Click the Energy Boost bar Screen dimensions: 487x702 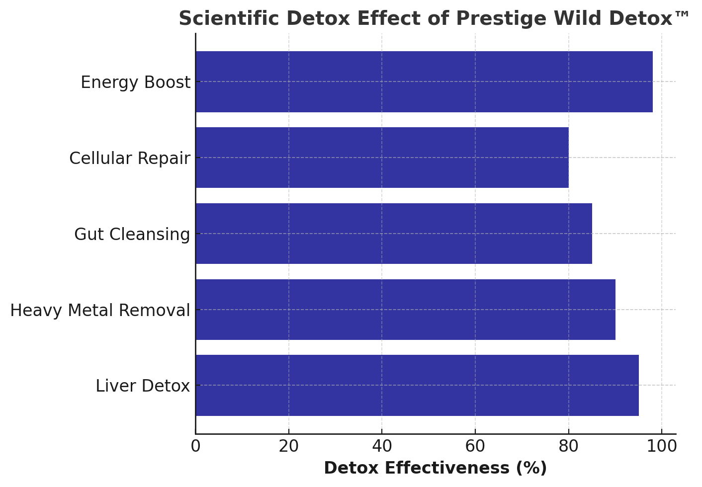pyautogui.click(x=424, y=82)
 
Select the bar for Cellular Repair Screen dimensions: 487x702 pyautogui.click(x=382, y=158)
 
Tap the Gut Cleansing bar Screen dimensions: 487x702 pyautogui.click(x=393, y=234)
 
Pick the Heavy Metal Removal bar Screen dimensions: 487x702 pyautogui.click(x=405, y=310)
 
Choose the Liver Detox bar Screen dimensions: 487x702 pyautogui.click(x=417, y=386)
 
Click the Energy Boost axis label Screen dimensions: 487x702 pyautogui.click(x=135, y=82)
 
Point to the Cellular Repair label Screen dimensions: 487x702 pyautogui.click(x=129, y=159)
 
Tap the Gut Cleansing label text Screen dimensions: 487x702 pyautogui.click(x=132, y=235)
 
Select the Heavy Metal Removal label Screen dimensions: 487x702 pyautogui.click(x=100, y=311)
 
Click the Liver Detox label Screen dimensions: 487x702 pyautogui.click(x=143, y=386)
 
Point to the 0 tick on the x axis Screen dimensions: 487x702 pyautogui.click(x=195, y=446)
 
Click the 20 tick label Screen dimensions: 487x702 pyautogui.click(x=289, y=446)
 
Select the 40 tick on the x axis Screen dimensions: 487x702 pyautogui.click(x=382, y=446)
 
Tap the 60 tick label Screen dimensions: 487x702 pyautogui.click(x=475, y=446)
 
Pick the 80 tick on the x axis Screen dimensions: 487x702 pyautogui.click(x=568, y=446)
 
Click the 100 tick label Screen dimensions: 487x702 pyautogui.click(x=662, y=446)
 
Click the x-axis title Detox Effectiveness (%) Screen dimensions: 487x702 pyautogui.click(x=435, y=468)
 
